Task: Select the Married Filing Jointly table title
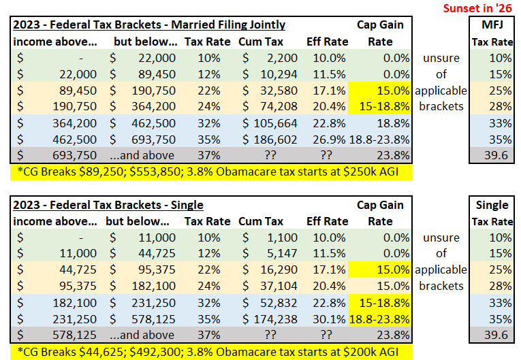(148, 25)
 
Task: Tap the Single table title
(108, 205)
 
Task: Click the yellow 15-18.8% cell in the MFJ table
(385, 107)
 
